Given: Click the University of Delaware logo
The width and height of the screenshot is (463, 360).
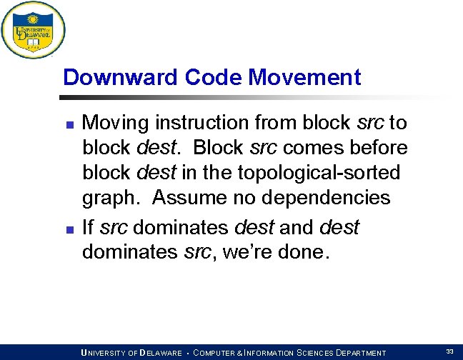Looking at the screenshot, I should [33, 31].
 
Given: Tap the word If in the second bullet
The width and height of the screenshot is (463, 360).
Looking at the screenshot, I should [89, 228].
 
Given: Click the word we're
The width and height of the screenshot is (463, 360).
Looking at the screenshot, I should [244, 252].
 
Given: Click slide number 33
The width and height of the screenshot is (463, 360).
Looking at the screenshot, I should [449, 351].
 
